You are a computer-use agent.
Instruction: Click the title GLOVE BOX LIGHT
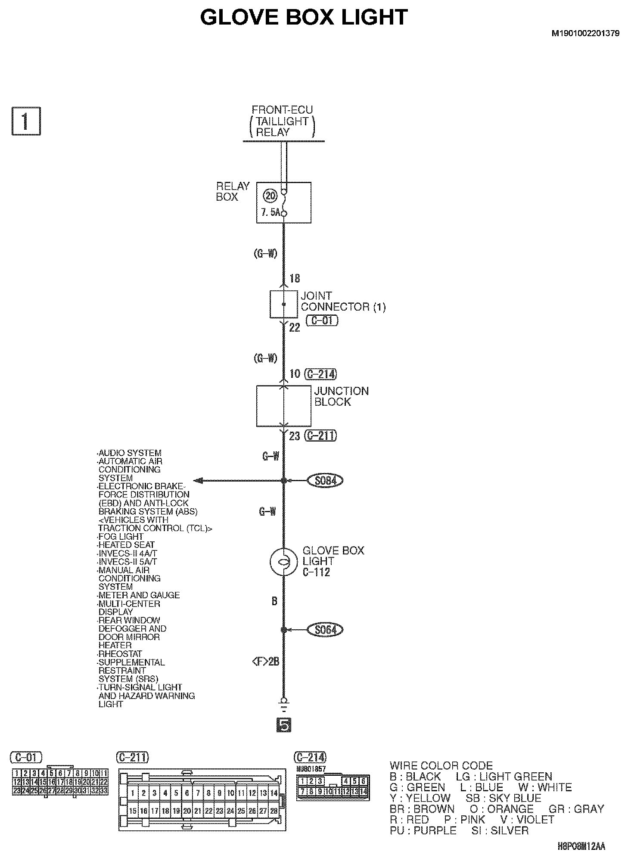[x=304, y=18]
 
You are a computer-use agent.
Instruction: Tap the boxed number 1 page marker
[x=25, y=122]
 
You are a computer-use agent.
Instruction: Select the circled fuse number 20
[x=270, y=196]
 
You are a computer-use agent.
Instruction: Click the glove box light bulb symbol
[x=283, y=561]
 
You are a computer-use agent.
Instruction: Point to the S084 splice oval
[x=325, y=480]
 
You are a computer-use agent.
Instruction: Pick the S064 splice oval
[x=325, y=630]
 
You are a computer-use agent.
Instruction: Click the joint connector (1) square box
[x=283, y=305]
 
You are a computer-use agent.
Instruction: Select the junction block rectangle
[x=283, y=406]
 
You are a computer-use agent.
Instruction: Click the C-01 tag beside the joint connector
[x=322, y=320]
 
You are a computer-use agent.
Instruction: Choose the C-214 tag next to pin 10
[x=320, y=374]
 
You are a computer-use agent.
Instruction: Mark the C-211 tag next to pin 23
[x=320, y=435]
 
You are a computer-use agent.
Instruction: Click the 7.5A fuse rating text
[x=270, y=212]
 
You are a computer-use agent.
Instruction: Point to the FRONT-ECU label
[x=282, y=110]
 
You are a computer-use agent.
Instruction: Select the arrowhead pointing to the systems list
[x=198, y=480]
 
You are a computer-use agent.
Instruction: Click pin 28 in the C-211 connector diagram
[x=273, y=811]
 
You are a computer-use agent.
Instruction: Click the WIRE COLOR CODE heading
[x=441, y=765]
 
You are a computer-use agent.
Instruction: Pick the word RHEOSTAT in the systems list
[x=120, y=654]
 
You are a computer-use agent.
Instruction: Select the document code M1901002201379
[x=585, y=33]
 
